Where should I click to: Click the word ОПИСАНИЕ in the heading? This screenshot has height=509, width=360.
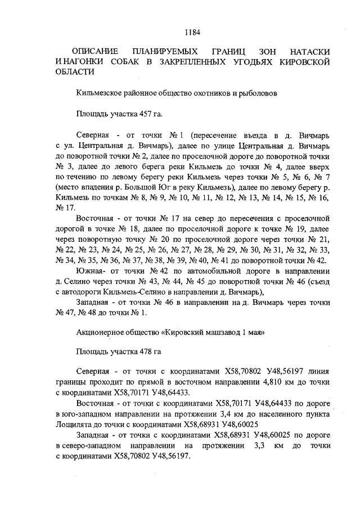(x=96, y=51)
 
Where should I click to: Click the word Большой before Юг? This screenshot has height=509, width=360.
(x=142, y=186)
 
